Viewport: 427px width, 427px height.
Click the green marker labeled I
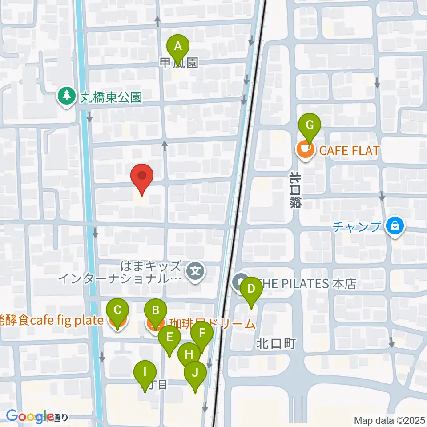pos(145,373)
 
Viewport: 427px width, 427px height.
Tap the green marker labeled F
pos(202,334)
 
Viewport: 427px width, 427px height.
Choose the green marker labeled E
pos(169,338)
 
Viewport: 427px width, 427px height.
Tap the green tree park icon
pos(66,96)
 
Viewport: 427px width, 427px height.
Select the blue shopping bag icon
pos(395,226)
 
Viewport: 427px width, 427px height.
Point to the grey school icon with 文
pos(195,270)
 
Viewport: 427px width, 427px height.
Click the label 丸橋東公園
pos(111,97)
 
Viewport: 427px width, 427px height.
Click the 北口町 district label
pos(275,343)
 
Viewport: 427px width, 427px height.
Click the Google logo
pos(29,417)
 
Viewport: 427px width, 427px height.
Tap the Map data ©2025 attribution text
pos(389,420)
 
